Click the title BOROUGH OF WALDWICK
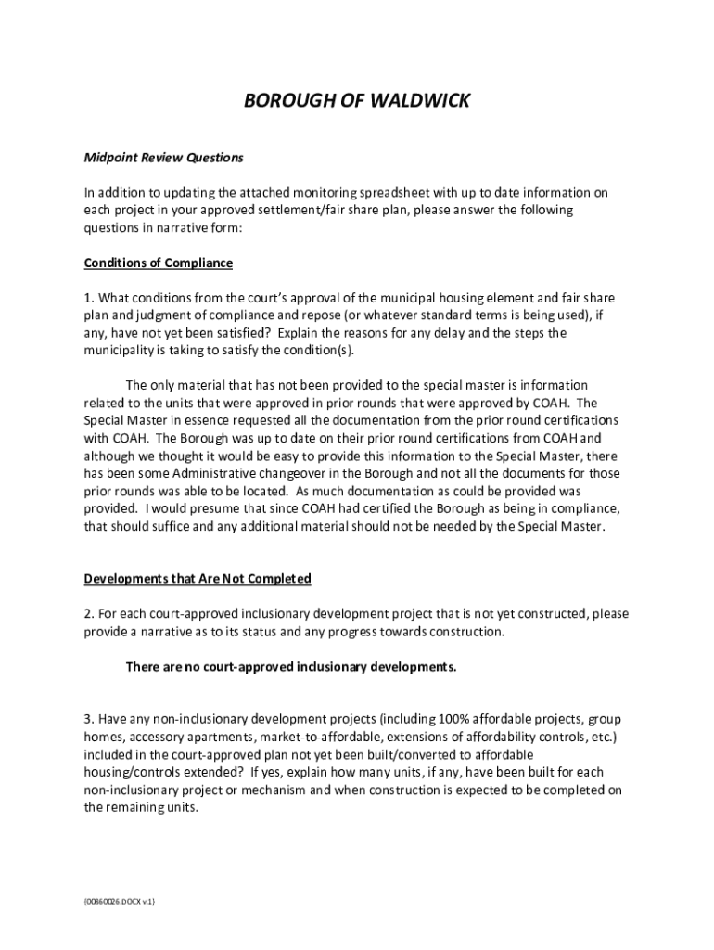click(x=356, y=100)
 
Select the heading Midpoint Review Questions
click(x=163, y=158)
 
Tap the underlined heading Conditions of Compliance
click(x=158, y=263)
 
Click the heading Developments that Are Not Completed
click(x=198, y=579)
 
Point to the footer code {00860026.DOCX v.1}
click(x=119, y=902)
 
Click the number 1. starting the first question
click(x=89, y=299)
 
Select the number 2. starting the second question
click(x=89, y=614)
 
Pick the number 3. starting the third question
click(x=89, y=720)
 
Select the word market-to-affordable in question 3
click(x=299, y=738)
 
